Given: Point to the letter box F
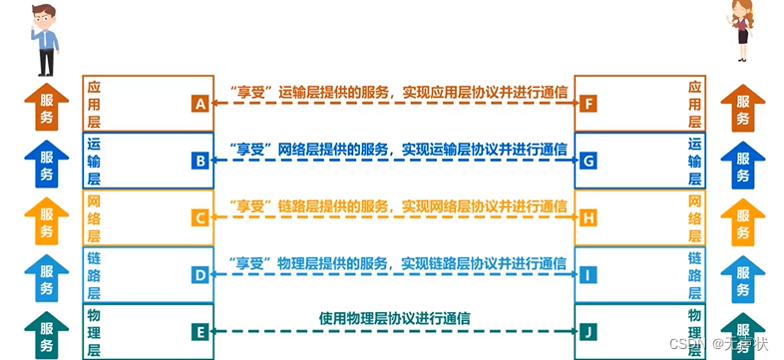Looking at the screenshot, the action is tap(588, 104).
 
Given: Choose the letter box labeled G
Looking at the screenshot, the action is tap(588, 160).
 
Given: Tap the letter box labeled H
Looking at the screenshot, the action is tap(588, 216).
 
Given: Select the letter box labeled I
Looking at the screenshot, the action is tap(588, 272).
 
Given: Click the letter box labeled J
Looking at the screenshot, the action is tap(588, 329).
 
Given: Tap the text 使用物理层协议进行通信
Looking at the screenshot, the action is tap(395, 319).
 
